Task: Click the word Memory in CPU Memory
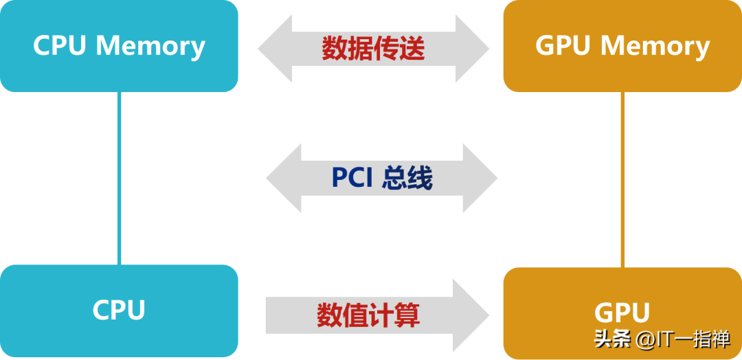150,46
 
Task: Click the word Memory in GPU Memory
655,46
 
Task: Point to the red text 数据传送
373,48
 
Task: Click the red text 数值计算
368,315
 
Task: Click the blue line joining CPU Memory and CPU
119,179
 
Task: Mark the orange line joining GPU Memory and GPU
622,179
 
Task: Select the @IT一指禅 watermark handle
683,339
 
